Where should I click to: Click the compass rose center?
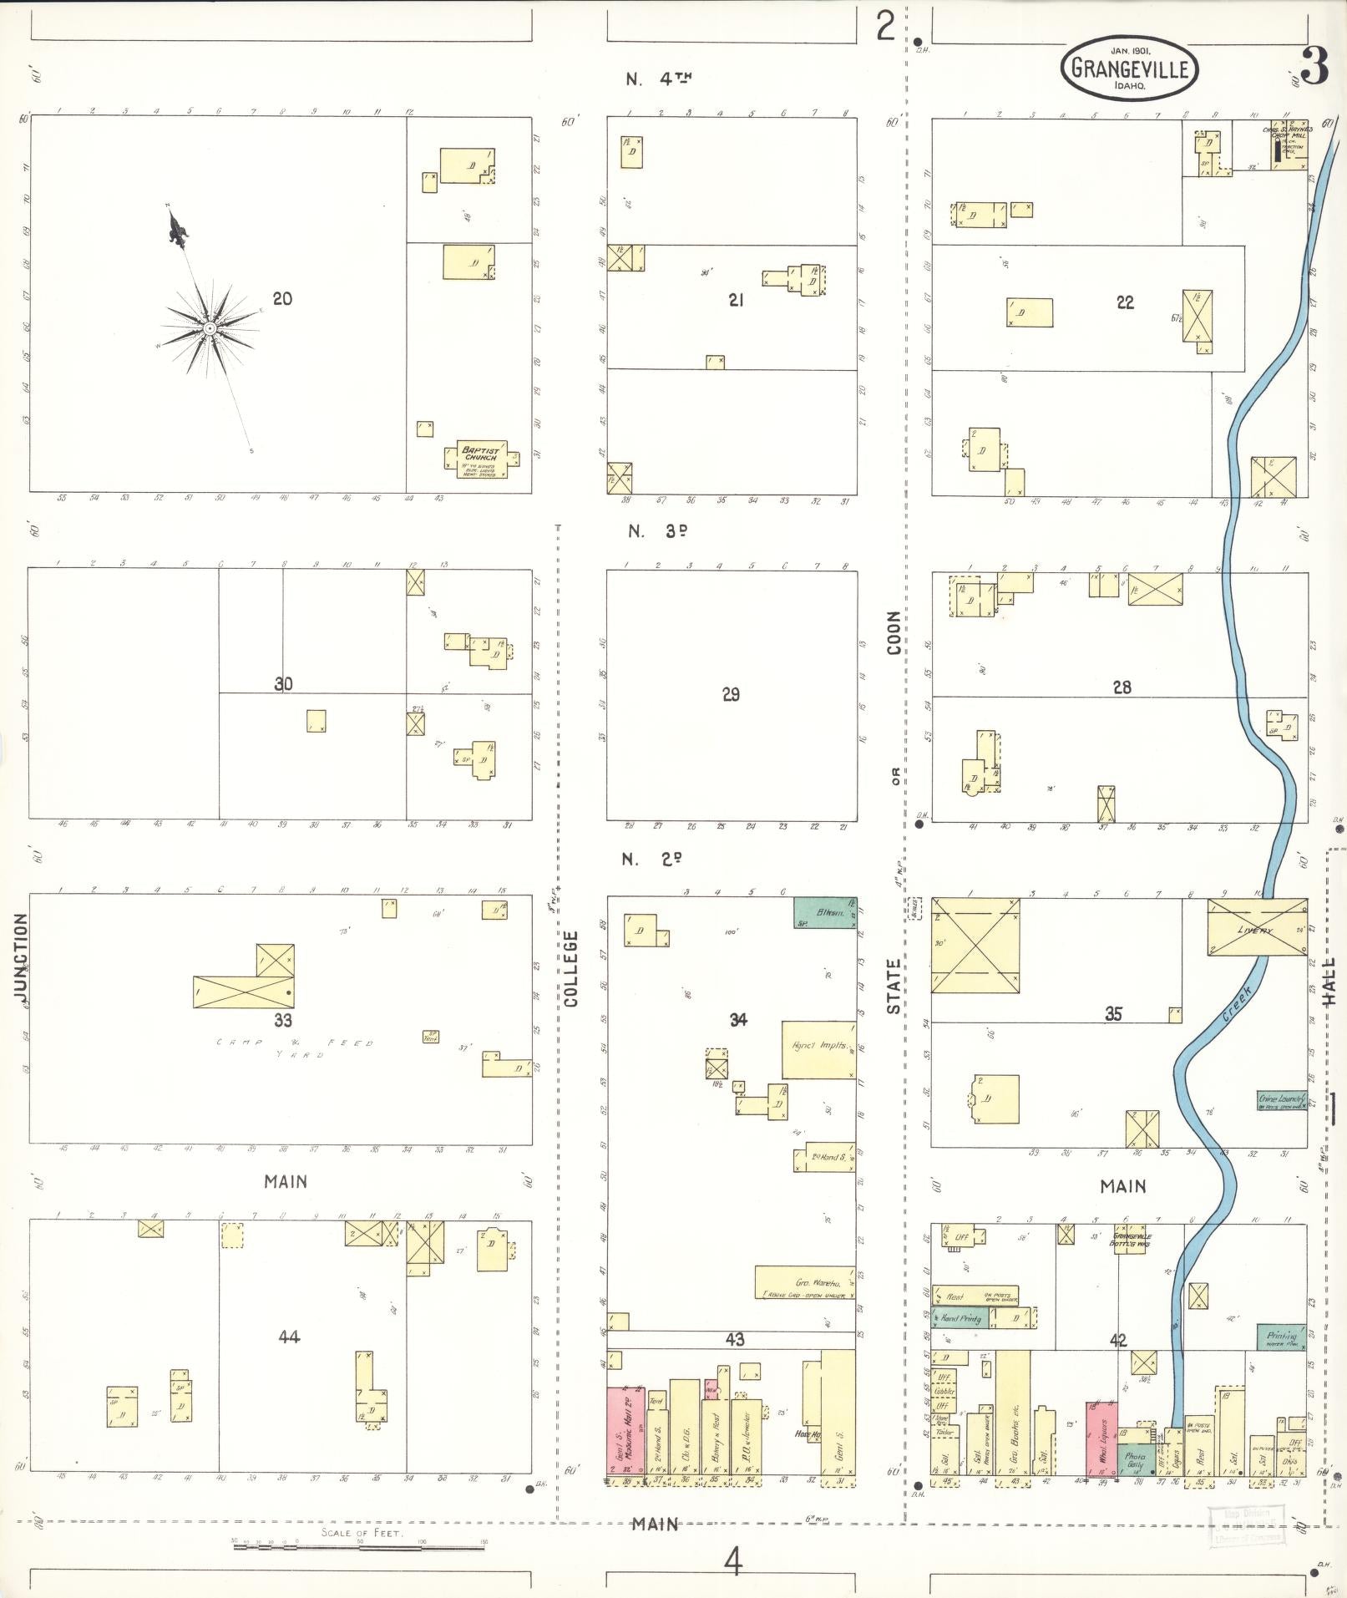(210, 328)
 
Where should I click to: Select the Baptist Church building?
(482, 459)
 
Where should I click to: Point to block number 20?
(282, 298)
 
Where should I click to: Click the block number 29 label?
(731, 694)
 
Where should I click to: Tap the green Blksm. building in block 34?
(823, 912)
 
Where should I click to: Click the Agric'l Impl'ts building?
(818, 1049)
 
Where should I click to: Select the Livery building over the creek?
(1257, 927)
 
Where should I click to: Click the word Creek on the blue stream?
(1237, 1003)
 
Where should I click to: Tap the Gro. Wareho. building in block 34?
(804, 1282)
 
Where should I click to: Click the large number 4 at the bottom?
(732, 1560)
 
